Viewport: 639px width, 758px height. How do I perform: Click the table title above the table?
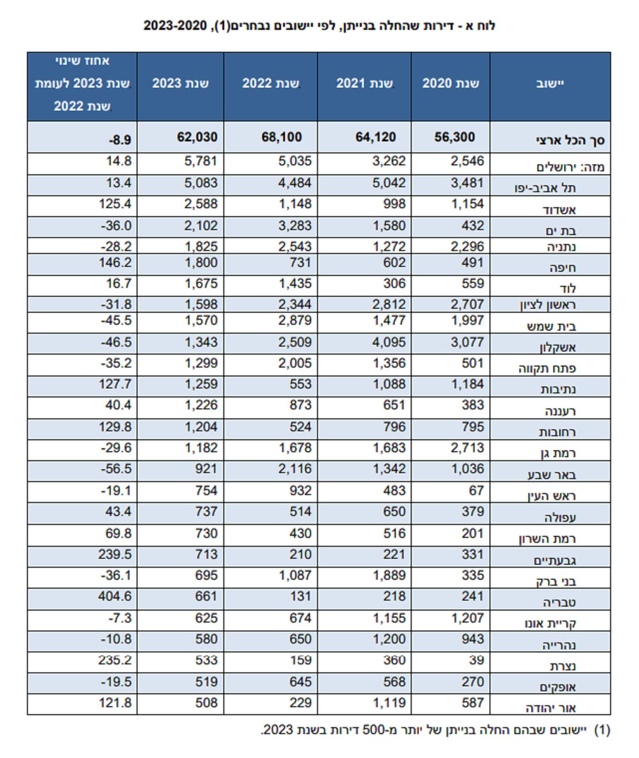pyautogui.click(x=319, y=25)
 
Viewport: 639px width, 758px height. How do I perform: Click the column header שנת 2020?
pyautogui.click(x=451, y=83)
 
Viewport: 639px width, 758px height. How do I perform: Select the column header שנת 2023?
pyautogui.click(x=180, y=83)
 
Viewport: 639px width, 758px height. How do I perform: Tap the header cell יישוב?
pyautogui.click(x=550, y=83)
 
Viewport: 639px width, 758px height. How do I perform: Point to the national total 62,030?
pyautogui.click(x=197, y=137)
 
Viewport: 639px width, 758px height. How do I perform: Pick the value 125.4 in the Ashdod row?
pyautogui.click(x=115, y=204)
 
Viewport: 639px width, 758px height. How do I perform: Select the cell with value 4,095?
pyautogui.click(x=389, y=343)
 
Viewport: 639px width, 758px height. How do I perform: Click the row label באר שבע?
pyautogui.click(x=552, y=475)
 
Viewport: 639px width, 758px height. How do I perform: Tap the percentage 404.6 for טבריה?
pyautogui.click(x=115, y=597)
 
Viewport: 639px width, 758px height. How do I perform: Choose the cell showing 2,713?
pyautogui.click(x=467, y=448)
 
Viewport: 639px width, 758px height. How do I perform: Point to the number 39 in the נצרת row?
pyautogui.click(x=476, y=660)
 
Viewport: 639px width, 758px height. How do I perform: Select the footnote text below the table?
pyautogui.click(x=435, y=730)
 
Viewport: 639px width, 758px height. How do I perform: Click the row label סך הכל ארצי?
pyautogui.click(x=570, y=140)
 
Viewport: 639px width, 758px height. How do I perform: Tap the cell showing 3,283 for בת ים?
pyautogui.click(x=295, y=226)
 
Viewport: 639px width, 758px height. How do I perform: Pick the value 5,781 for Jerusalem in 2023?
pyautogui.click(x=201, y=161)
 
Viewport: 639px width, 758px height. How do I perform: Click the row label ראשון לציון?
pyautogui.click(x=548, y=305)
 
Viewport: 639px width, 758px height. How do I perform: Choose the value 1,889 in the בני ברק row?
pyautogui.click(x=389, y=576)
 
